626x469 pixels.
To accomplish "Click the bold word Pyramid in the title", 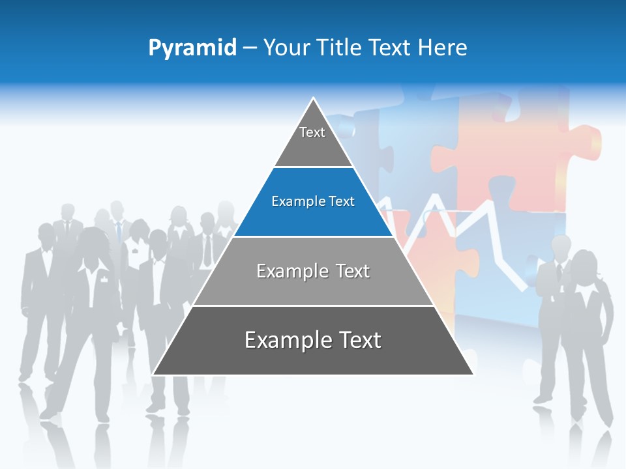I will [192, 48].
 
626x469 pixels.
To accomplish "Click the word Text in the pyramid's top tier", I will [312, 132].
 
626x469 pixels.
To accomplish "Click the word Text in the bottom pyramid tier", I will [358, 340].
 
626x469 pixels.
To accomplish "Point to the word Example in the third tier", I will [284, 271].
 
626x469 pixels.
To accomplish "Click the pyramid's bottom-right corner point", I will [473, 375].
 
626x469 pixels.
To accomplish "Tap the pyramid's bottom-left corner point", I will [153, 375].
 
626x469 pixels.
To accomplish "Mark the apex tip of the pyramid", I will [314, 98].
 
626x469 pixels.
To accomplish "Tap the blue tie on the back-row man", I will [119, 231].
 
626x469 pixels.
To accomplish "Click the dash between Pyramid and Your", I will [250, 48].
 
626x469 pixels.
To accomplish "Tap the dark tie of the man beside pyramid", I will [207, 250].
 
